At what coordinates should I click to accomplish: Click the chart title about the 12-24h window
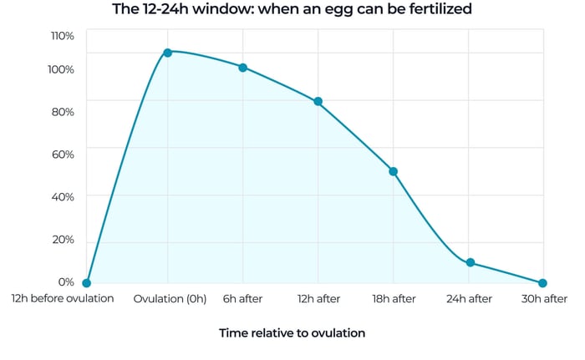point(292,10)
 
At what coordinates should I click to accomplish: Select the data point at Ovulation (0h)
point(167,53)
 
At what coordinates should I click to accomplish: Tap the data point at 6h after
point(242,68)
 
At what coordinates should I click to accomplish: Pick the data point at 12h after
point(318,102)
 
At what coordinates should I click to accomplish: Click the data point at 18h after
point(393,171)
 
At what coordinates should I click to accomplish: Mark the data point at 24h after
point(470,262)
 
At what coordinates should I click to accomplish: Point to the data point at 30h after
point(542,283)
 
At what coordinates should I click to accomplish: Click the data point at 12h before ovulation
point(87,283)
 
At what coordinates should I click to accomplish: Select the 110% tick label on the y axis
point(62,36)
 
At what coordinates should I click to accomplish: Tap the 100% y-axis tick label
point(62,69)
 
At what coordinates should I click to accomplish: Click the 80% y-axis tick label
point(63,112)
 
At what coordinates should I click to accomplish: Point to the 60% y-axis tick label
point(63,154)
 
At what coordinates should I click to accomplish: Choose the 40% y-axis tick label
point(63,196)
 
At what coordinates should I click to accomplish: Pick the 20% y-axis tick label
point(63,240)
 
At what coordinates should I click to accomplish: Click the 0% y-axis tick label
point(66,282)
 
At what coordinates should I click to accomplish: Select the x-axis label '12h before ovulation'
point(62,298)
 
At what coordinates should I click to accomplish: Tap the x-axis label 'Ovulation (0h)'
point(170,299)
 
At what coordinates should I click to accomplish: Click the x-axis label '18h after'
point(393,299)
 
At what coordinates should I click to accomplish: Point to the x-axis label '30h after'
point(543,299)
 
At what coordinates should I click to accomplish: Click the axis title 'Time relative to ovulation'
point(292,332)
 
